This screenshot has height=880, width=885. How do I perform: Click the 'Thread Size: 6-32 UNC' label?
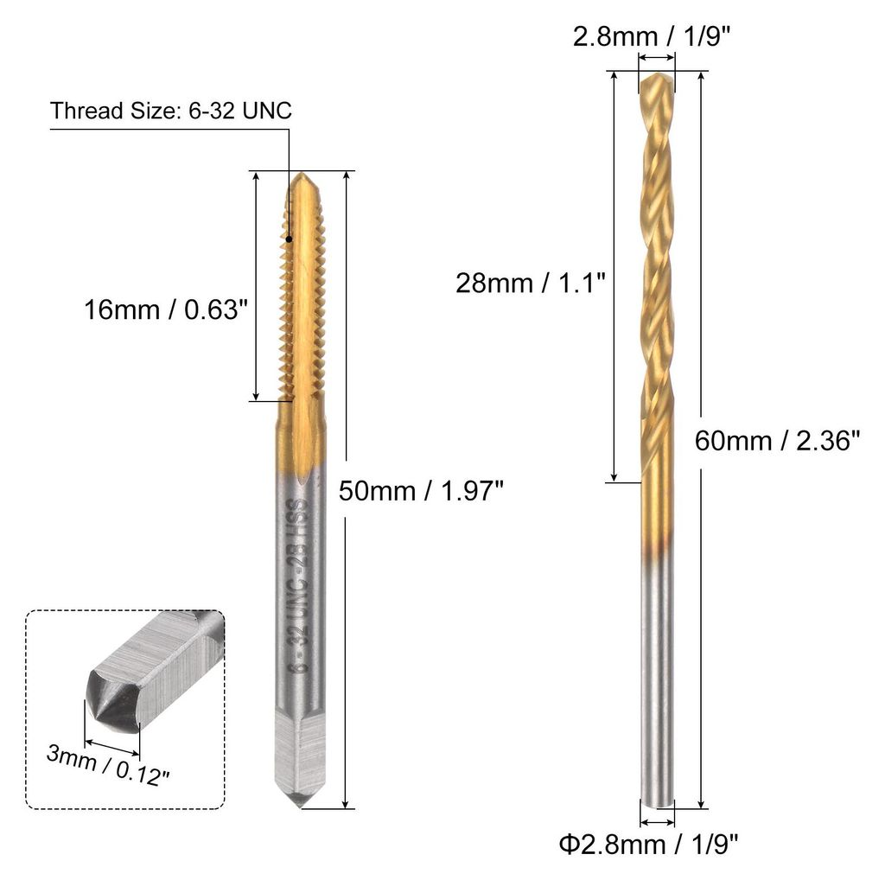171,111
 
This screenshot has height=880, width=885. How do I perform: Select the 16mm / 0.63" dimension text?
166,309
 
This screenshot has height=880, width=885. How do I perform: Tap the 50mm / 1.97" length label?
421,490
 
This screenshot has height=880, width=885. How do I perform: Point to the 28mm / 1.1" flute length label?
531,282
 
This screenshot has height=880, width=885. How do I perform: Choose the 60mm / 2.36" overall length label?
777,440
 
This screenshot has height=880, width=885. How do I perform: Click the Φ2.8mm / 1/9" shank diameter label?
648,845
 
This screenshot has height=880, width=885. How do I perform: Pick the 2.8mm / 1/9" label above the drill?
652,37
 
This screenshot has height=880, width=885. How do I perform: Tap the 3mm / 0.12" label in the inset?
108,765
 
